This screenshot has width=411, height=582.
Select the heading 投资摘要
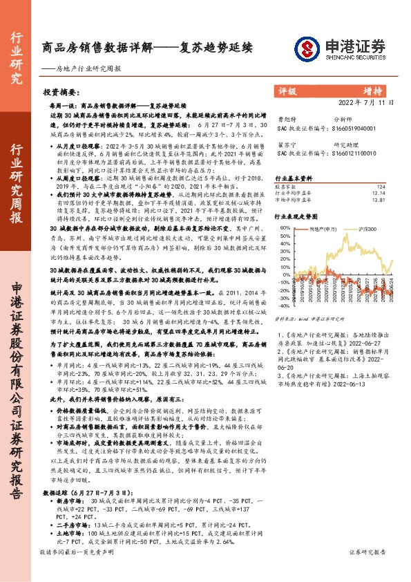61,92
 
